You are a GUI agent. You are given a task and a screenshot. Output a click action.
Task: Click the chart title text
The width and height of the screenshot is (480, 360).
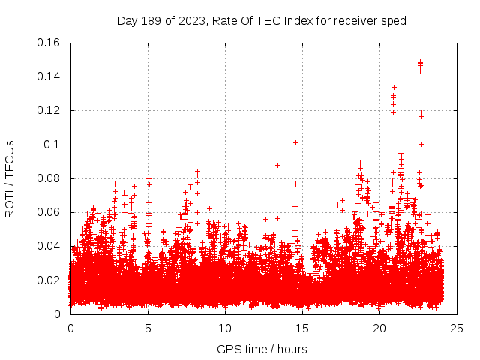tap(261, 20)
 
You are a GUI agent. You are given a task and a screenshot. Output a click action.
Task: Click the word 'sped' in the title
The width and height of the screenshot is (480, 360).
tap(394, 20)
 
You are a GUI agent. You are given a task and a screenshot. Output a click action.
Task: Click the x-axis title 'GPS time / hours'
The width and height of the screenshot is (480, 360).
tap(262, 349)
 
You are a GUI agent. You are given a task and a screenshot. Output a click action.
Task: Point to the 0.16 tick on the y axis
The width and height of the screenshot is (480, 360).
tap(49, 43)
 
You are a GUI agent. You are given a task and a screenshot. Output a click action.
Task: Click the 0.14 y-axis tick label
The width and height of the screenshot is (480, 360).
tap(49, 76)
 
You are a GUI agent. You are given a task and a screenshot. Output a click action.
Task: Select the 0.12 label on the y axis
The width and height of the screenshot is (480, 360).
tap(49, 110)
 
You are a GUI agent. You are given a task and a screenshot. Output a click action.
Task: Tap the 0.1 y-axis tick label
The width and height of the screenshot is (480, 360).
tap(53, 144)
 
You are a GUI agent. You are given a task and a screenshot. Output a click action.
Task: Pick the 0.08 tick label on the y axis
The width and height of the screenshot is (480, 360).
tap(49, 178)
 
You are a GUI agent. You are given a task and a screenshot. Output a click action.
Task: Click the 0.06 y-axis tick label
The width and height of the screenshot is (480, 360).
tap(49, 212)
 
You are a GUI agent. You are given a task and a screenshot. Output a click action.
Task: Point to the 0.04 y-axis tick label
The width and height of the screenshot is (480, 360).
tap(49, 246)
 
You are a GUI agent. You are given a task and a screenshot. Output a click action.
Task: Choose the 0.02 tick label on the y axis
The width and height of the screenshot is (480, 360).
tap(49, 280)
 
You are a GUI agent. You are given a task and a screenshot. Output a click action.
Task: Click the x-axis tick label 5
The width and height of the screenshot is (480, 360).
tap(148, 328)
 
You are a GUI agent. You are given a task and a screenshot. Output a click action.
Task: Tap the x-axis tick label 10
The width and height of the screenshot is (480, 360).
tap(225, 328)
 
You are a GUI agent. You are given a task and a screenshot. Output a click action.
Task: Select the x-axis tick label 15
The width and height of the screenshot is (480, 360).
tap(302, 328)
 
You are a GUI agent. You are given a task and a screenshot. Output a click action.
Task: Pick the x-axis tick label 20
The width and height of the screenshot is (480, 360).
tap(379, 328)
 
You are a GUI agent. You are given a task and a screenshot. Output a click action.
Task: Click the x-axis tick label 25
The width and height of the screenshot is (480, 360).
tap(457, 328)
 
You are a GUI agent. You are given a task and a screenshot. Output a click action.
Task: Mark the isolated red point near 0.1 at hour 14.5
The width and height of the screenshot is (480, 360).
tap(295, 142)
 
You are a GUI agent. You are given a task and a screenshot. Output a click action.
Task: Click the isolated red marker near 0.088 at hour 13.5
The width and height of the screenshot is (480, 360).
tap(277, 165)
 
